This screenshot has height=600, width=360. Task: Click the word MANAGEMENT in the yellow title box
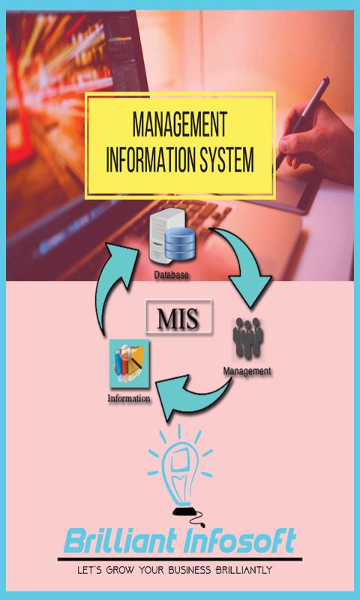pos(179,124)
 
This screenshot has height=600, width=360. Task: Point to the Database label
pos(171,274)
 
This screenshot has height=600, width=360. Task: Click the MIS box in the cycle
pos(178,316)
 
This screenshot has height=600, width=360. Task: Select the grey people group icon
pos(248,338)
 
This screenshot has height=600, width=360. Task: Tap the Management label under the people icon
pos(247,370)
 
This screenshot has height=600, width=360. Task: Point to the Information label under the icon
pos(129,398)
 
